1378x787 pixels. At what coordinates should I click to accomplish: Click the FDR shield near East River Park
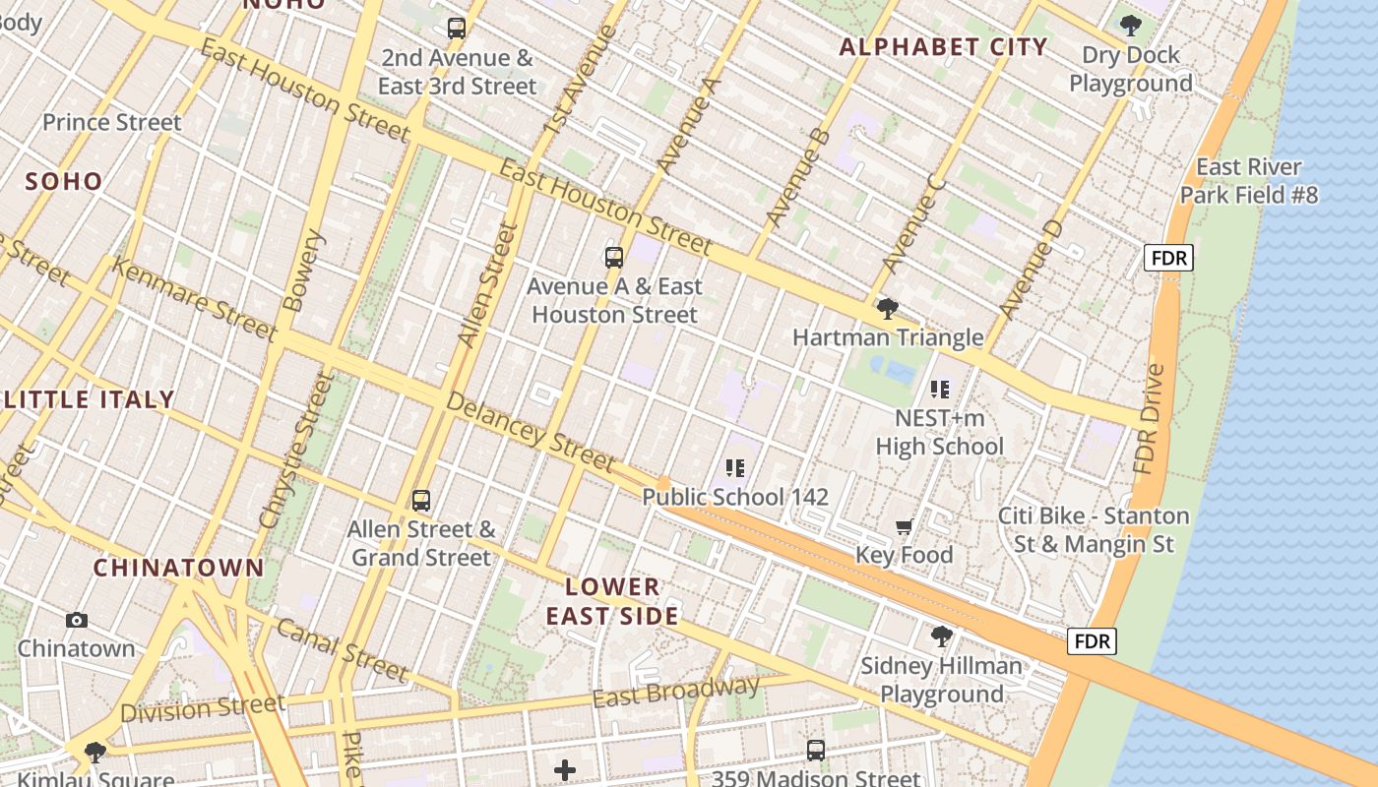coord(1168,259)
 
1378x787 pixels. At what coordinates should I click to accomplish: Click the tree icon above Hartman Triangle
coord(887,309)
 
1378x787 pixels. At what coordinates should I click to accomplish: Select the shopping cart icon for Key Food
coord(904,527)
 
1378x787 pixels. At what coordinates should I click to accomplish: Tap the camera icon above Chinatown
coord(77,620)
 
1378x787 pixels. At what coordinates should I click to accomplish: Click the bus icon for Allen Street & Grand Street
coord(421,500)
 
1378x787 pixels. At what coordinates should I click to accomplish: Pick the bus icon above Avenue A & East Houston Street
coord(614,258)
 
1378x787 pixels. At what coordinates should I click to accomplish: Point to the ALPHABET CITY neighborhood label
coord(943,46)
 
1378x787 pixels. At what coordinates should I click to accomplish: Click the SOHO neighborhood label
coord(63,181)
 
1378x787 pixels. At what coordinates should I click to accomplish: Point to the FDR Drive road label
coord(1150,418)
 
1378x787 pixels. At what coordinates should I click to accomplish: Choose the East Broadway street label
coord(675,692)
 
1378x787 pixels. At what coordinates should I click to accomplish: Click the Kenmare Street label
coord(194,298)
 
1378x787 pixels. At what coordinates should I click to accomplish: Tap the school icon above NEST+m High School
coord(939,390)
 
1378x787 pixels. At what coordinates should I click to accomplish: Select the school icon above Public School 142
coord(734,468)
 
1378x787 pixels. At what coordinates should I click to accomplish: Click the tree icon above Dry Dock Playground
coord(1130,26)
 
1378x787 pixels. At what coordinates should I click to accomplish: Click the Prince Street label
coord(111,123)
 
